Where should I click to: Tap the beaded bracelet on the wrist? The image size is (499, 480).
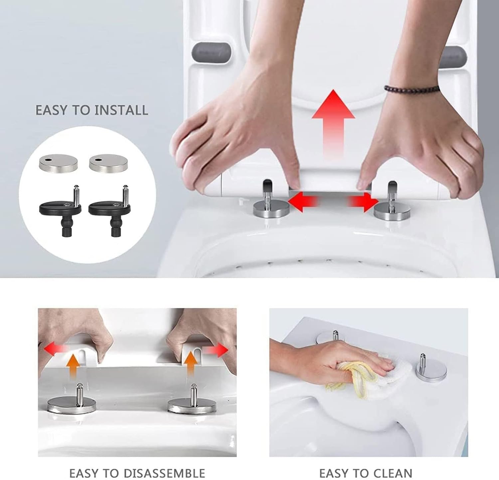(x=411, y=89)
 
